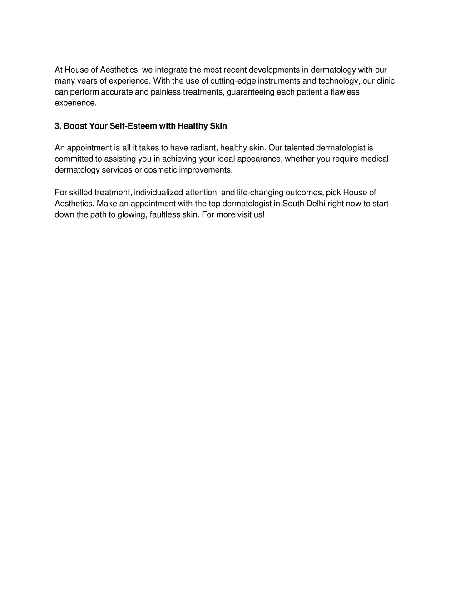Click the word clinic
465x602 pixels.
[386, 81]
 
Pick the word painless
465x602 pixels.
[166, 92]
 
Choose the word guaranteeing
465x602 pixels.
[250, 92]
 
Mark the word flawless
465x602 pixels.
[345, 92]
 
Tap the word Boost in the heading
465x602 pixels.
[75, 126]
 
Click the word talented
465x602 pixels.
[299, 148]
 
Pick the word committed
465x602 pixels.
[74, 159]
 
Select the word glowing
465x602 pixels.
[132, 214]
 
